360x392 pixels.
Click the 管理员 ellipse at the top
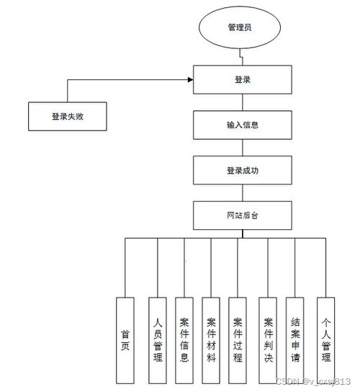[242, 28]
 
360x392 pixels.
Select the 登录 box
[242, 79]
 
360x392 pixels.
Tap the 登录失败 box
[67, 115]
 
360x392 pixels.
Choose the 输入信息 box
[242, 125]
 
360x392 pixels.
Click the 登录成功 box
[242, 170]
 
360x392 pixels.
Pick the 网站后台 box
[242, 215]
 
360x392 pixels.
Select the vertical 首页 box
[125, 339]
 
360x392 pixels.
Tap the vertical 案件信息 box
[184, 339]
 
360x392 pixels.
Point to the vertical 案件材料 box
[211, 339]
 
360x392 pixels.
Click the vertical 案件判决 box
[269, 339]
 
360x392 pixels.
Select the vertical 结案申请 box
[294, 339]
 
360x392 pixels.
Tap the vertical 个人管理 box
[325, 339]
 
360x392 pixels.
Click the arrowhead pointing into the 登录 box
[189, 79]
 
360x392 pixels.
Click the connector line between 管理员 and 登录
[242, 57]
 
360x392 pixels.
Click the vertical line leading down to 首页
[125, 267]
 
